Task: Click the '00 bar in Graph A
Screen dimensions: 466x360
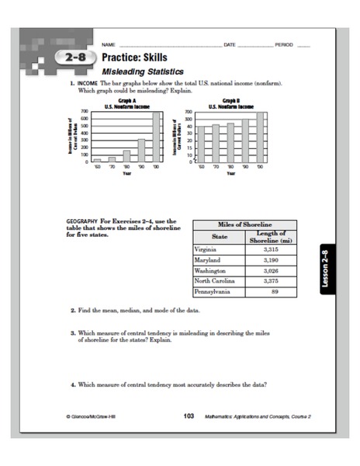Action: [x=157, y=136]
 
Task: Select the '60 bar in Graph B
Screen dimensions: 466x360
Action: [x=201, y=144]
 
